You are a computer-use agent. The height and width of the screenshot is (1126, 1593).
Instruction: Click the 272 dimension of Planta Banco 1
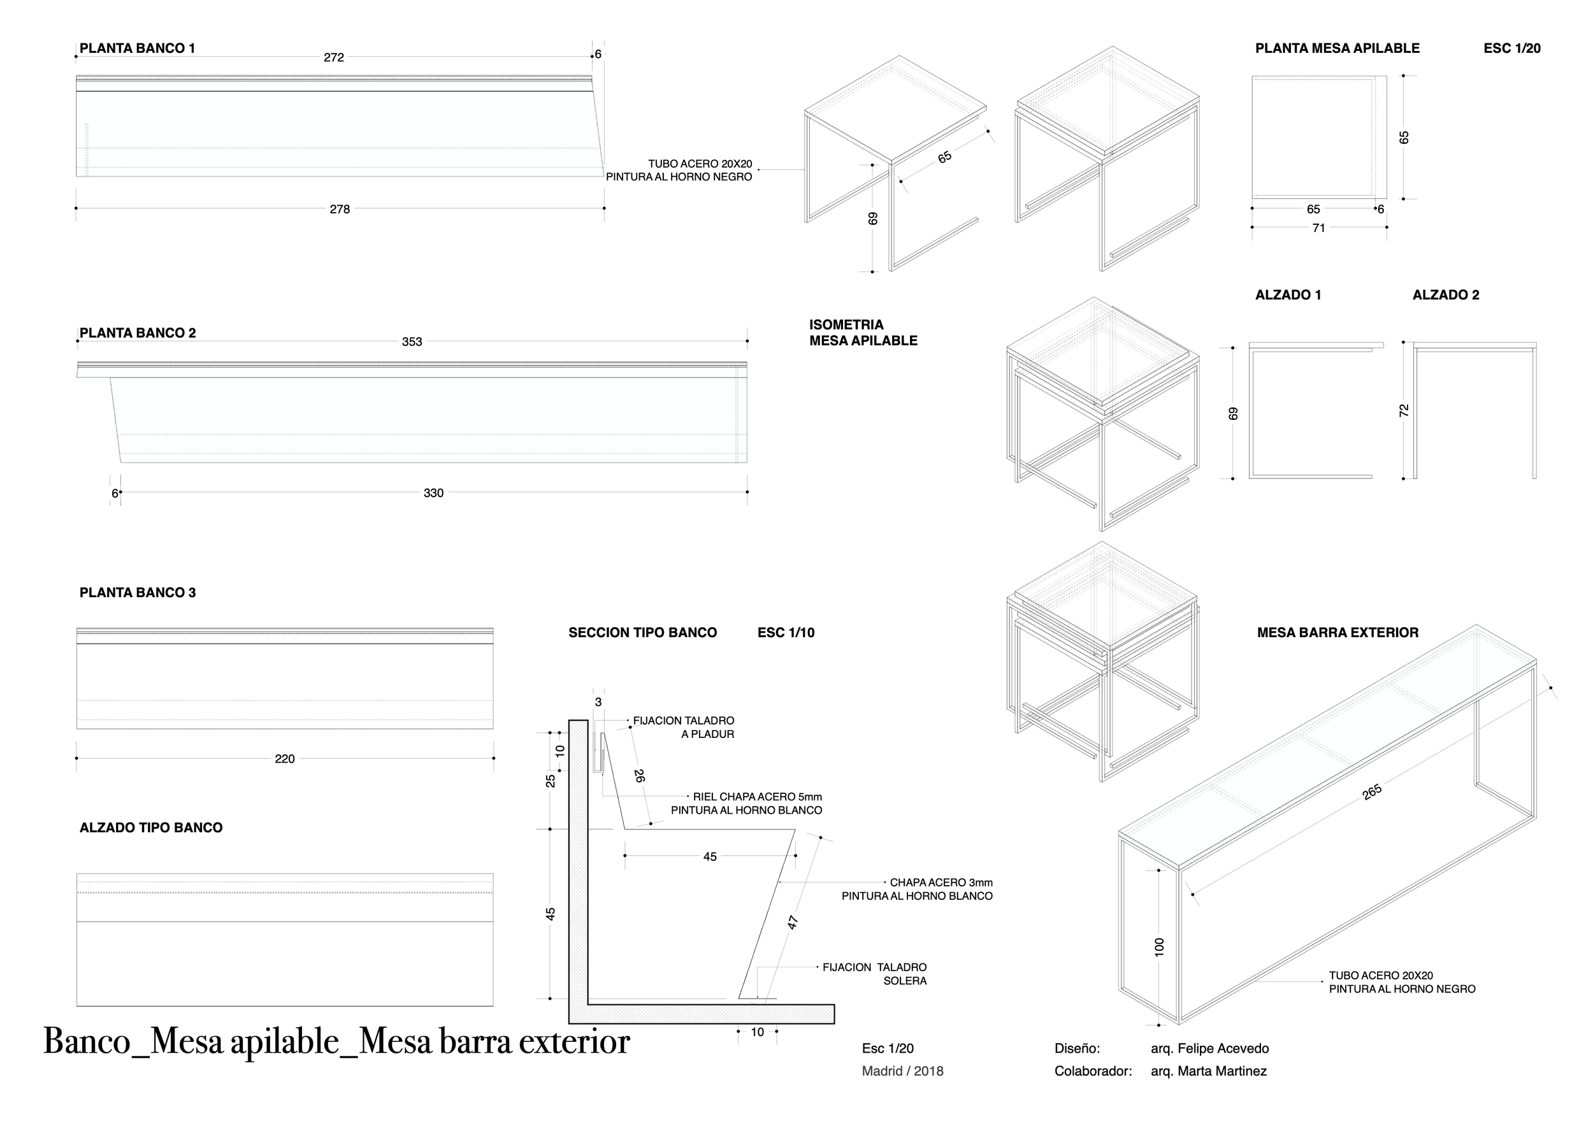pos(334,57)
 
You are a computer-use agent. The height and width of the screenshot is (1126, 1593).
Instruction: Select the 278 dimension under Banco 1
pos(339,210)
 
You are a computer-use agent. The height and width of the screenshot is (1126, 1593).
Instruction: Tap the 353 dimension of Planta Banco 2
pos(412,342)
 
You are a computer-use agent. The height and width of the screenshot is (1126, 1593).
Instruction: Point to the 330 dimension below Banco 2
pos(434,493)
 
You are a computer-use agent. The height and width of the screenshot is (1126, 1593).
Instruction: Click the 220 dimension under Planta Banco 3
pos(284,759)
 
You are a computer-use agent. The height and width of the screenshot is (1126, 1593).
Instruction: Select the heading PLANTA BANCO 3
pos(138,593)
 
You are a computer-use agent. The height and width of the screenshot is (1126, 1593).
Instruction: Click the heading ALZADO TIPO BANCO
pos(150,828)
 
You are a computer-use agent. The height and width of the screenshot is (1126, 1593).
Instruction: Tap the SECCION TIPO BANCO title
pos(642,633)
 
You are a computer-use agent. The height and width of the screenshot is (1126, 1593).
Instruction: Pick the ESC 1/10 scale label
pos(786,633)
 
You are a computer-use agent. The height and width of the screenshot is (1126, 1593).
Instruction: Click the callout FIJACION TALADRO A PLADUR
pos(684,728)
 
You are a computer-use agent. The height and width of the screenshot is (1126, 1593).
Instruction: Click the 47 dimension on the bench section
pos(793,923)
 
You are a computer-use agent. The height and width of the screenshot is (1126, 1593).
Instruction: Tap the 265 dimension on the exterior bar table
pos(1372,792)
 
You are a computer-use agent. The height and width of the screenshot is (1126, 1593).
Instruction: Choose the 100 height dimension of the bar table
pos(1159,947)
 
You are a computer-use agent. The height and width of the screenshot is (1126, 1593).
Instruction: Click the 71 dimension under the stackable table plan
pos(1318,228)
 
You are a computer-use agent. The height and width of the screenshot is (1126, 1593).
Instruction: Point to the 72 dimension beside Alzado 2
pos(1404,411)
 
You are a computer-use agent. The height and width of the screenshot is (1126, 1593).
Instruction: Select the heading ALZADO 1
pos(1288,295)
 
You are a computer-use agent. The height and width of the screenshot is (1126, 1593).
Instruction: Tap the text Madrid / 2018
pos(902,1071)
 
